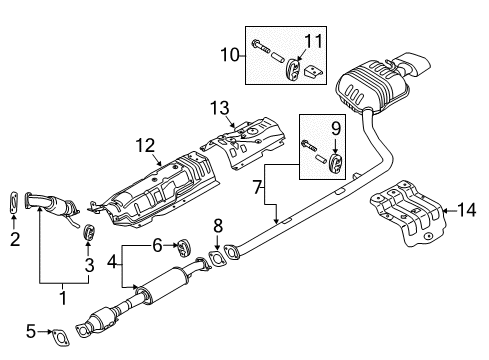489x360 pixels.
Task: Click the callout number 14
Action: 467,210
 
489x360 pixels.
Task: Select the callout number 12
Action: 146,146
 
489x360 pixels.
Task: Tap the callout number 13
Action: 220,108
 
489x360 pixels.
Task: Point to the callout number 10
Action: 230,54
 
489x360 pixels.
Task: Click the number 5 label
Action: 31,331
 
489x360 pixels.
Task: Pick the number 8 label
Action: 218,226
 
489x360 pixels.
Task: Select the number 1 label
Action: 63,298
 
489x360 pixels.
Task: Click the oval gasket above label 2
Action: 13,202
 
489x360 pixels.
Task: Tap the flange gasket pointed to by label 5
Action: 60,337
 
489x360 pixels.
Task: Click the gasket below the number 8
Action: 217,260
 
